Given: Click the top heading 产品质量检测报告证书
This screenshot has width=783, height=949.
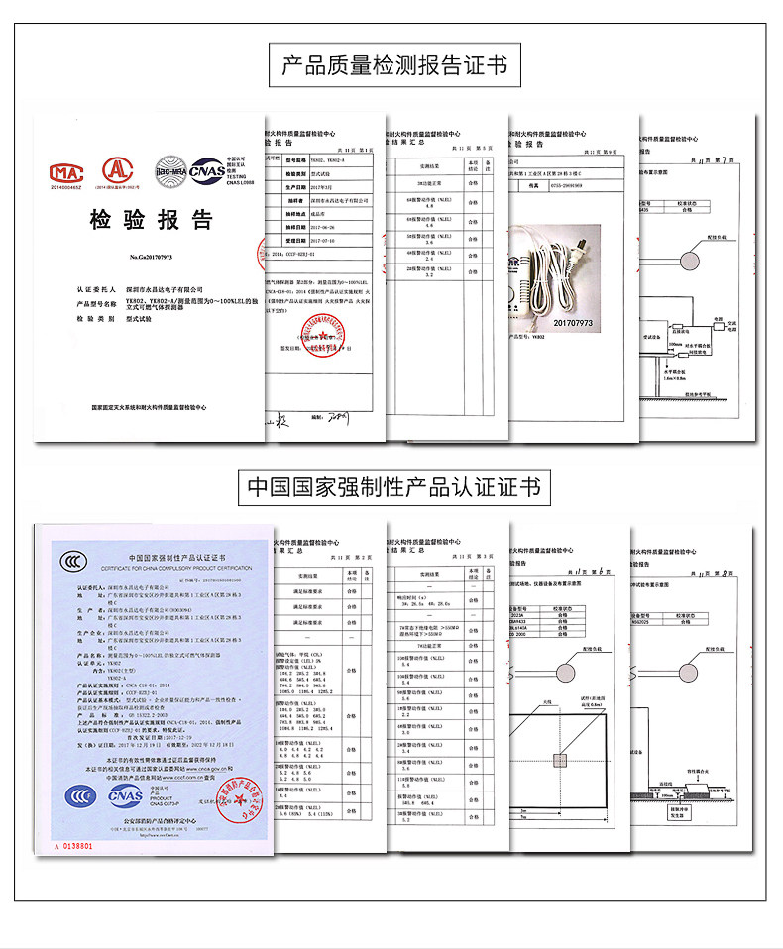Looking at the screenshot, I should (394, 65).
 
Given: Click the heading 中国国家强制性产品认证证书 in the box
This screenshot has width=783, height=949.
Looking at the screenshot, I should (394, 487).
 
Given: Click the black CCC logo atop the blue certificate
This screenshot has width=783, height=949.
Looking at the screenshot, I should (71, 562).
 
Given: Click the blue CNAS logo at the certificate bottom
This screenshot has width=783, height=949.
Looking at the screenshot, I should (125, 795).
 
